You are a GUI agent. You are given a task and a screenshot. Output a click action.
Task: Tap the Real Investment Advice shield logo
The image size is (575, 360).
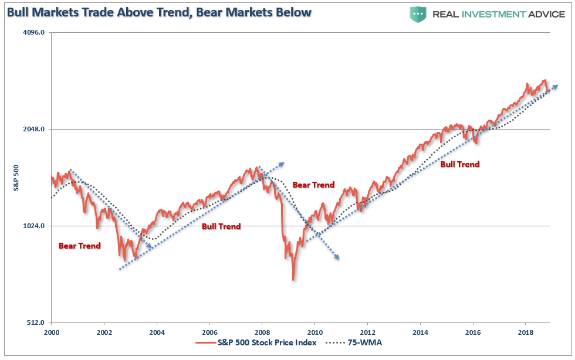[x=418, y=14]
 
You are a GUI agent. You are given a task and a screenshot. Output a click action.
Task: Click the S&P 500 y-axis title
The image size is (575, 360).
[x=17, y=178]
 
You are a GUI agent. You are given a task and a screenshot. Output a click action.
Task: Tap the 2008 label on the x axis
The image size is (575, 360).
[x=262, y=332]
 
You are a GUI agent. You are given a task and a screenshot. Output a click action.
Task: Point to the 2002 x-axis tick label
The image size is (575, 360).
[x=104, y=332]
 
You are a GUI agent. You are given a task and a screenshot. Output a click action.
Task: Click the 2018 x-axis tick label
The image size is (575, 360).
[x=525, y=332]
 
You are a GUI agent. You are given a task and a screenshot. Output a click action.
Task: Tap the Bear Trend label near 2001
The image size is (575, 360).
[x=79, y=246]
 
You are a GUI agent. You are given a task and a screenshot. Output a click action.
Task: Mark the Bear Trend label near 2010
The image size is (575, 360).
[x=313, y=185]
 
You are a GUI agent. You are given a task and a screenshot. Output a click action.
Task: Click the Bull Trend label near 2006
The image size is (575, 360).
[x=221, y=226]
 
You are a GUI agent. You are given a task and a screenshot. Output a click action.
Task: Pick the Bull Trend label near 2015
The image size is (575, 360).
[x=459, y=164]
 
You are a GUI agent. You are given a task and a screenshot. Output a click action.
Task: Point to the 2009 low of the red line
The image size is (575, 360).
[x=293, y=279]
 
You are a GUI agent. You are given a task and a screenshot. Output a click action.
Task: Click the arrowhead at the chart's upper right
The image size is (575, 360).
[x=555, y=86]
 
